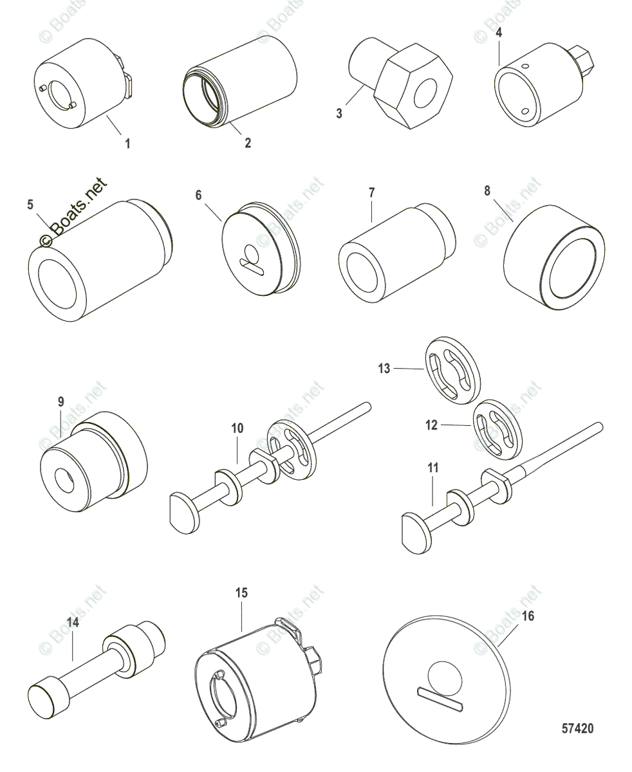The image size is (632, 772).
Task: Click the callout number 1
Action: [x=127, y=143]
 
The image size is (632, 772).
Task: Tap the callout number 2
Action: [x=248, y=143]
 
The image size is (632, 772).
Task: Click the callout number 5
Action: [x=30, y=205]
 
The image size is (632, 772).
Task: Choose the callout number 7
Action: [x=372, y=193]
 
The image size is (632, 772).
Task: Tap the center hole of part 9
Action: [x=65, y=479]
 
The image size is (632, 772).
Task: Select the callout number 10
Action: [x=237, y=428]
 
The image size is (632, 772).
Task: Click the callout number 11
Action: [x=433, y=467]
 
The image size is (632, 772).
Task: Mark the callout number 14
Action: [x=73, y=623]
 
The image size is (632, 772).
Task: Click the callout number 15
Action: [x=241, y=593]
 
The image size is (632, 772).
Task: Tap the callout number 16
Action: [x=528, y=616]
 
